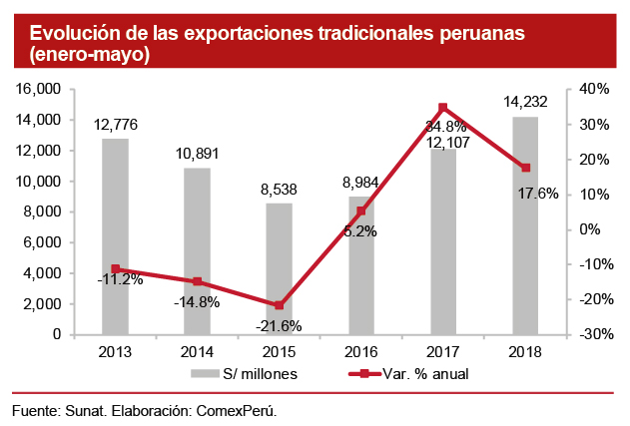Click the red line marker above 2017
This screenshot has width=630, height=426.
click(443, 108)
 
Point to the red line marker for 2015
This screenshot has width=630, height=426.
click(279, 305)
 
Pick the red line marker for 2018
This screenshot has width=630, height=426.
click(525, 168)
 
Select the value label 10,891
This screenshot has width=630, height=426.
click(197, 154)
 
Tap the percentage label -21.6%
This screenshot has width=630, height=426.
click(279, 326)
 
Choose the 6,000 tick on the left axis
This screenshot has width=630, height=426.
click(44, 242)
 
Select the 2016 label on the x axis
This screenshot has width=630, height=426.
click(360, 351)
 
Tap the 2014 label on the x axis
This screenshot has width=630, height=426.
click(197, 351)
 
